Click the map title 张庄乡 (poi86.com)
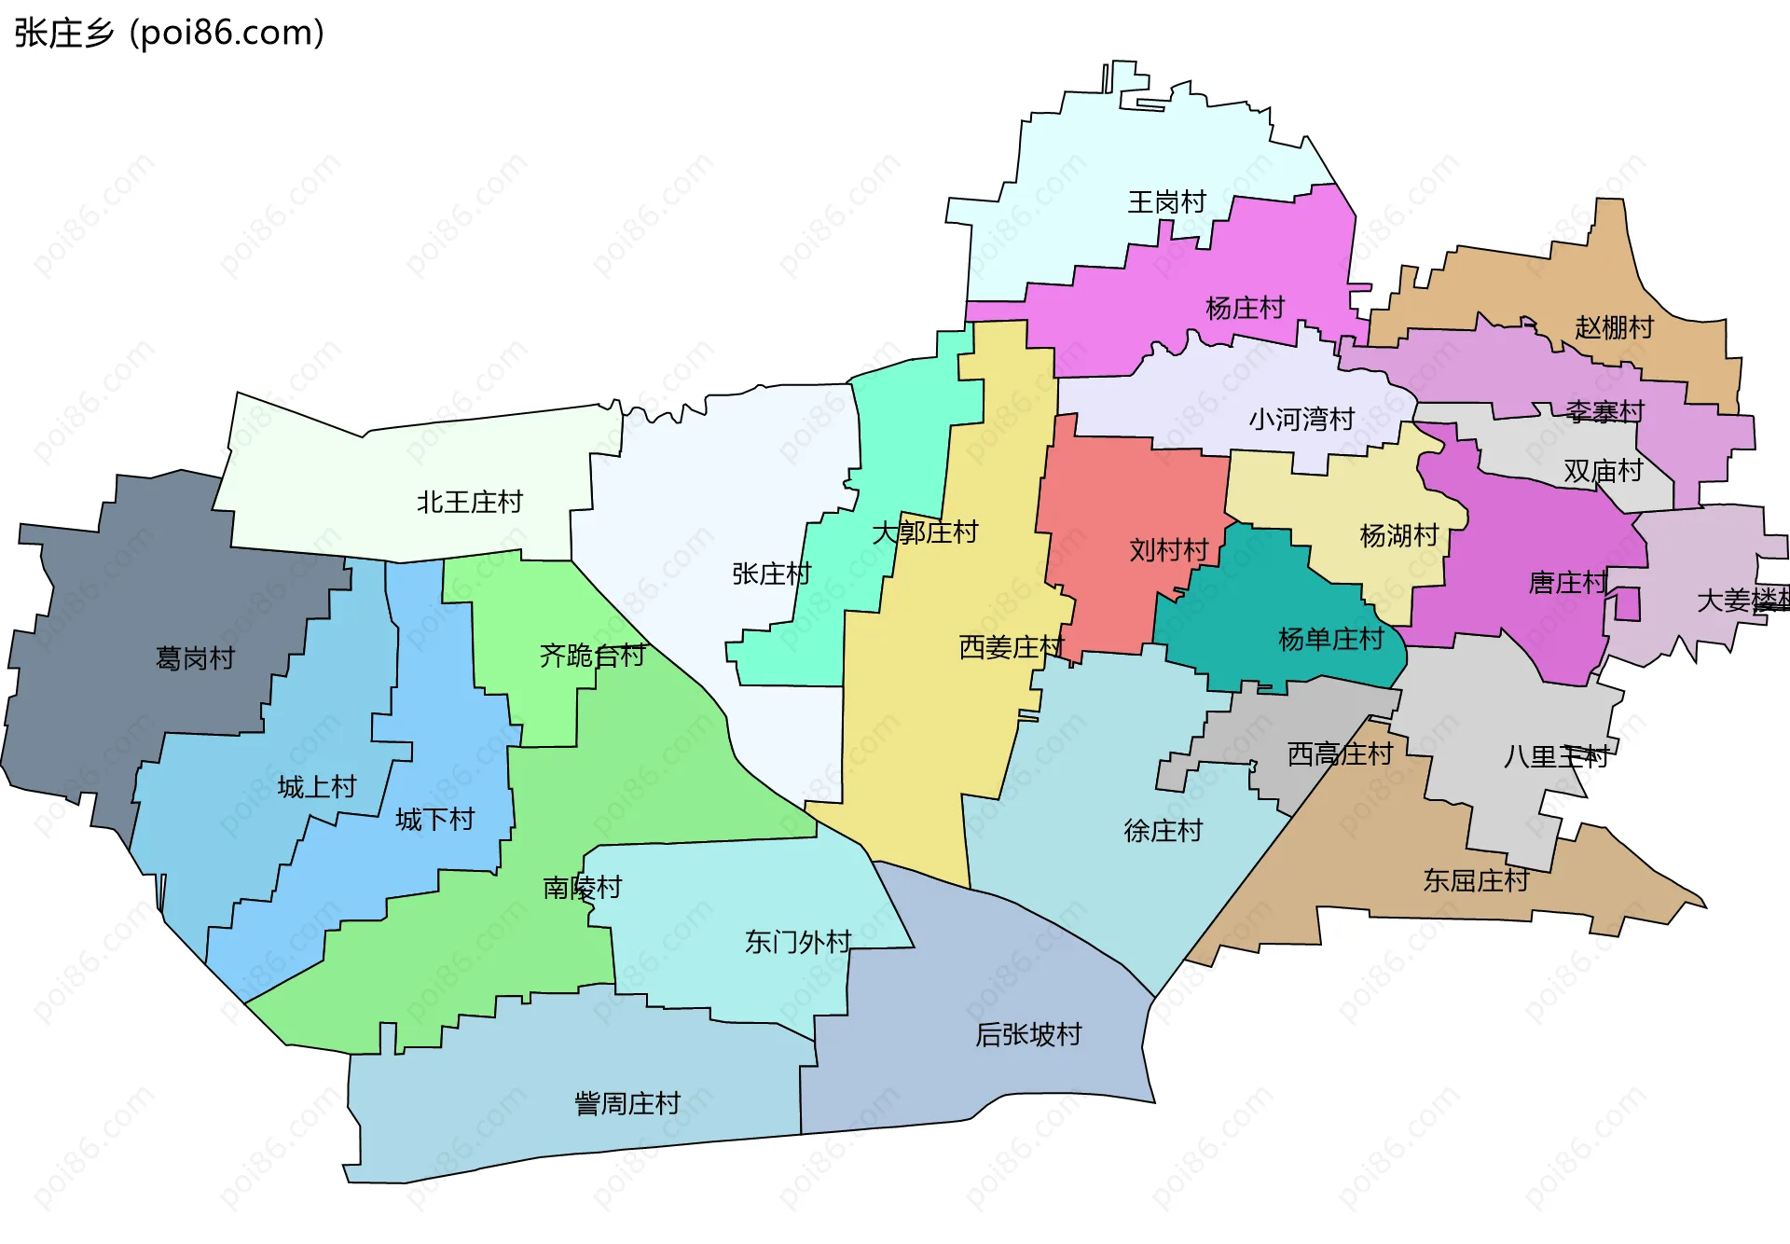(x=170, y=33)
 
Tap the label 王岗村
(x=1166, y=201)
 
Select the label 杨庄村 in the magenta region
(x=1245, y=308)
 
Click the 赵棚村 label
(x=1614, y=327)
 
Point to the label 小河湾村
(x=1301, y=419)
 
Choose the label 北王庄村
(x=470, y=503)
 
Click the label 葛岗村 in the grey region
(x=195, y=658)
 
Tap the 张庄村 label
(x=771, y=574)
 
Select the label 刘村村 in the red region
(x=1168, y=550)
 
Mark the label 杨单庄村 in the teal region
(x=1330, y=639)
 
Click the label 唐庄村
(x=1568, y=583)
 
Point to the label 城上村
(x=317, y=787)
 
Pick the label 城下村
(x=434, y=820)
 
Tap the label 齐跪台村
(x=592, y=656)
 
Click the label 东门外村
(x=798, y=942)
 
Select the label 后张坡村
(x=1028, y=1034)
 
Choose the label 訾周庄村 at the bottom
(x=627, y=1104)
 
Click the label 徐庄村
(x=1163, y=830)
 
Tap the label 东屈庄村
(x=1476, y=880)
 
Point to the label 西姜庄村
(x=1011, y=647)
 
